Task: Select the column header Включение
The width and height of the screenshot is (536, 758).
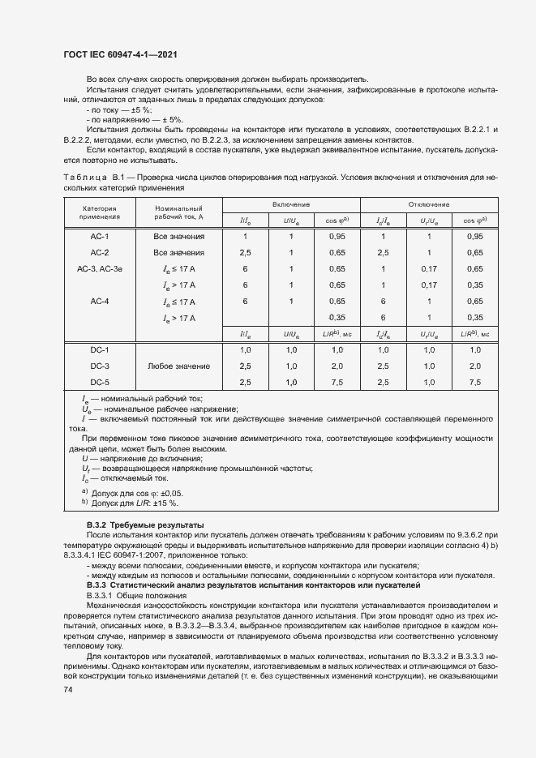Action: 291,205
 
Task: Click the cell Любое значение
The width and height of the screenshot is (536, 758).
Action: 178,366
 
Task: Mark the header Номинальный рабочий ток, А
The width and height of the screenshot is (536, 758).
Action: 178,213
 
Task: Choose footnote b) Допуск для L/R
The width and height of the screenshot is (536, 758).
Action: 130,503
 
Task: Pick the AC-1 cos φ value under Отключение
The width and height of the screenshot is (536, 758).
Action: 474,236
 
